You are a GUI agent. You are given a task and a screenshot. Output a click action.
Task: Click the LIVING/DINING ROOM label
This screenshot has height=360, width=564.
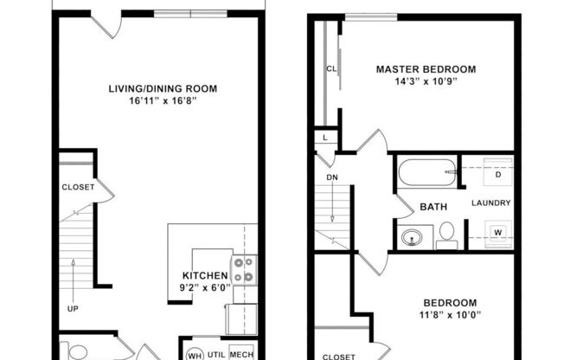coord(162,88)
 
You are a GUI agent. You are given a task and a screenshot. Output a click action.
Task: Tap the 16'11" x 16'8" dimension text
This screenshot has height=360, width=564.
coord(162,100)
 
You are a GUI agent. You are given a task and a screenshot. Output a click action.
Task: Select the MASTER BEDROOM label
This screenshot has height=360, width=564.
coord(425,69)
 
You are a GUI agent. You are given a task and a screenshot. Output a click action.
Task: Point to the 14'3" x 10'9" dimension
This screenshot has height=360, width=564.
coord(425,82)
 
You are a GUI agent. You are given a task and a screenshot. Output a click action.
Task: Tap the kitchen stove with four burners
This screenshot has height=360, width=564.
coord(243,270)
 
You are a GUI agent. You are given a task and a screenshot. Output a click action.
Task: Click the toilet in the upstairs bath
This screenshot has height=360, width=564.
coord(446,234)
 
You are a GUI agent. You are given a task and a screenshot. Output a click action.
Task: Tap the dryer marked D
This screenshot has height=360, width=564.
coord(497,175)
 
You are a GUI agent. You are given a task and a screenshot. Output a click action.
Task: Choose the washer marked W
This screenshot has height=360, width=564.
coord(497,232)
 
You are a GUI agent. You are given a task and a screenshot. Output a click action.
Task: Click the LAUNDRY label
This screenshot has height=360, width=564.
coord(490,203)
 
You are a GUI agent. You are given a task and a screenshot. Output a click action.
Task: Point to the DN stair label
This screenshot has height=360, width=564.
coord(331,177)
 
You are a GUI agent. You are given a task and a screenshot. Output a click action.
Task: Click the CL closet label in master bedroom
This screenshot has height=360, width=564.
coord(330,68)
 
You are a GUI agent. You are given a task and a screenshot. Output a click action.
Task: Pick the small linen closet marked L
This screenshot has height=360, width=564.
coord(324,138)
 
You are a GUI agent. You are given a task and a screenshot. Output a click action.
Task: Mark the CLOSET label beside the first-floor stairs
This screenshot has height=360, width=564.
coord(78,187)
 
